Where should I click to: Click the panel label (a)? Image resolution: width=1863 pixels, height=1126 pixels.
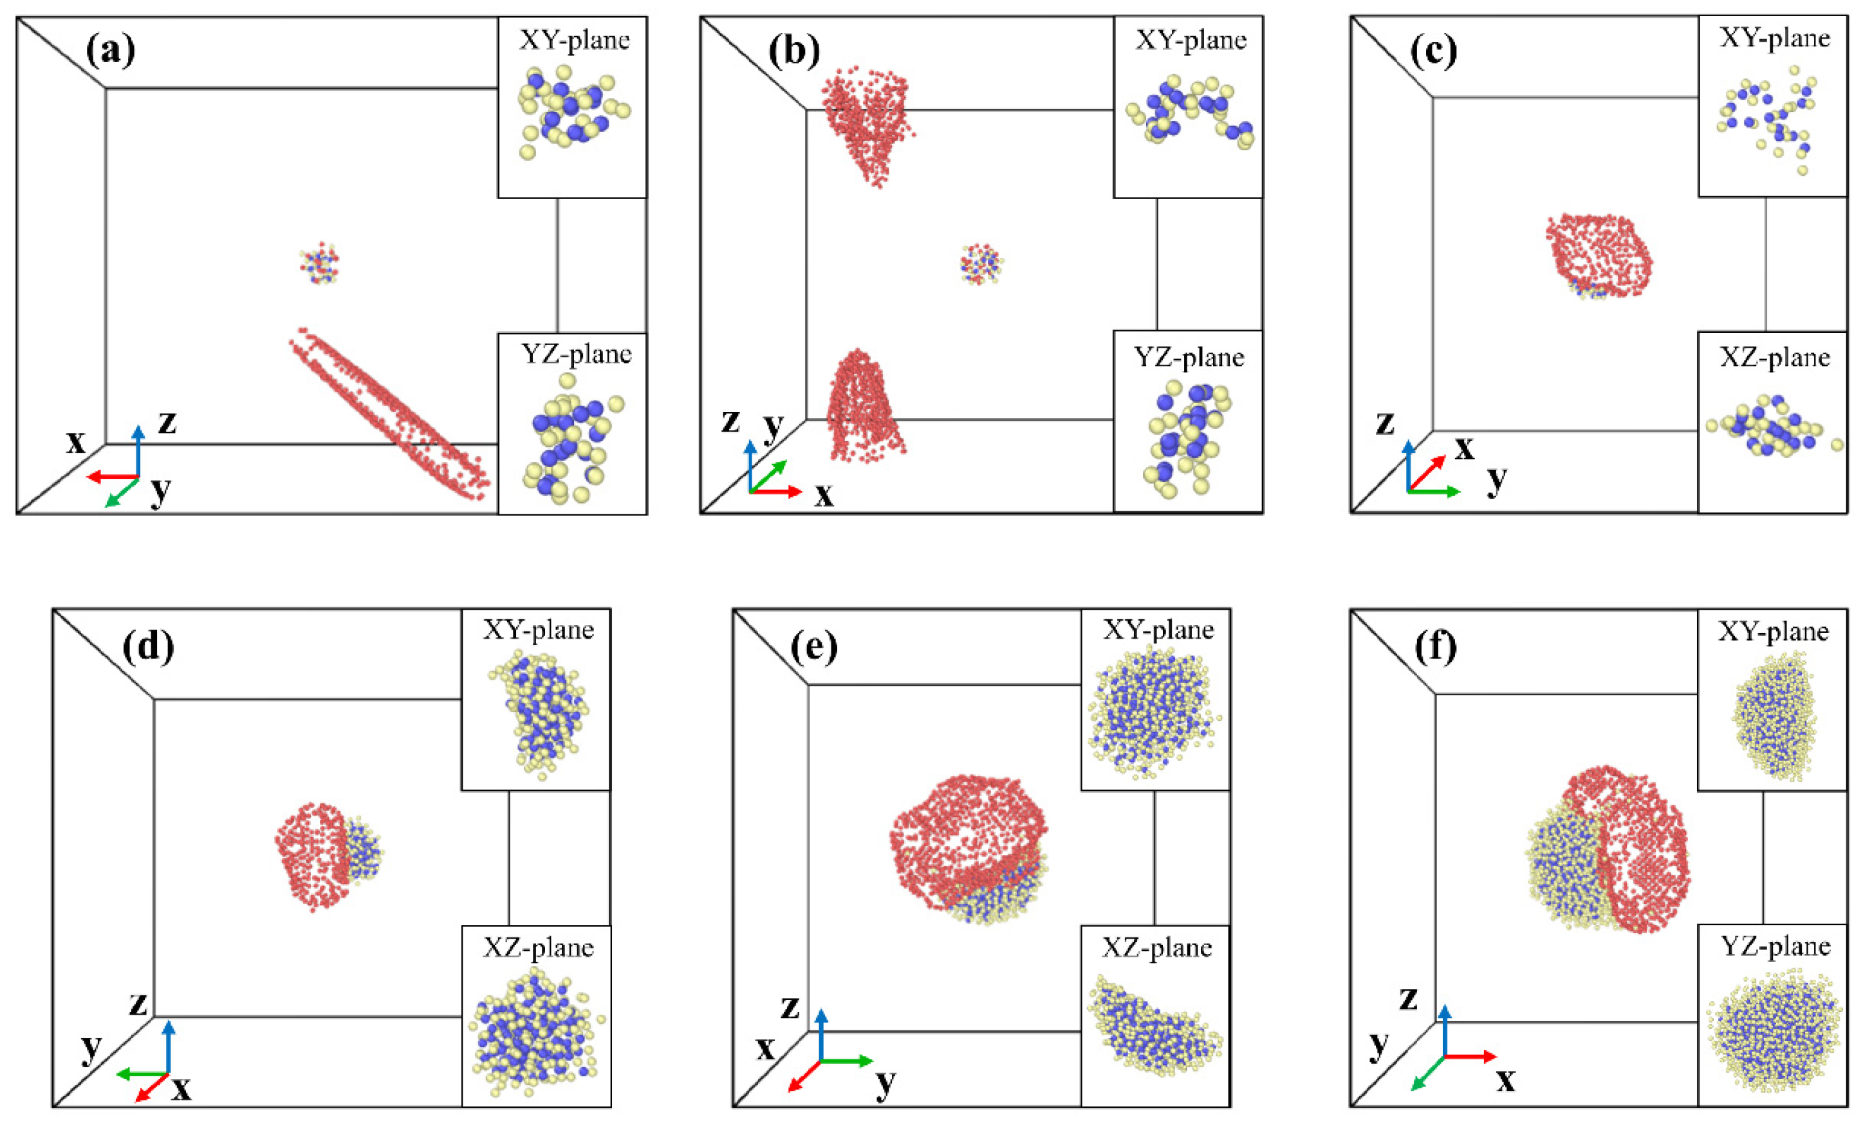111,51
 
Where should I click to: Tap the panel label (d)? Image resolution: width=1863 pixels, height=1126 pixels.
148,646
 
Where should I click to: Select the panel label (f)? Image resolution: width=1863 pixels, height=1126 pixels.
1435,647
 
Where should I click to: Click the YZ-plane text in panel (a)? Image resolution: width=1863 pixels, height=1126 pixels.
576,354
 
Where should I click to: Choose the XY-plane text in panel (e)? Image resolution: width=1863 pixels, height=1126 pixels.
1158,630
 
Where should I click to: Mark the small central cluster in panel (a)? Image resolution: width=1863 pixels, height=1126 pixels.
319,263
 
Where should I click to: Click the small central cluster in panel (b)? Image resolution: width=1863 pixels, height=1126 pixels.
981,263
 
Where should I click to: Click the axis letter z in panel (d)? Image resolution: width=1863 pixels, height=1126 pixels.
138,1004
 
